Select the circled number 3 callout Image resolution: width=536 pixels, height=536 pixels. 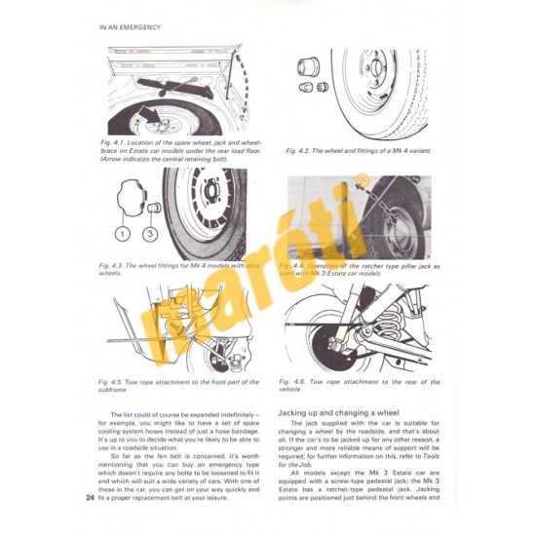[151, 234]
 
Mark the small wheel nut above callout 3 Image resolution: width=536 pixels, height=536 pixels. [153, 208]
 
